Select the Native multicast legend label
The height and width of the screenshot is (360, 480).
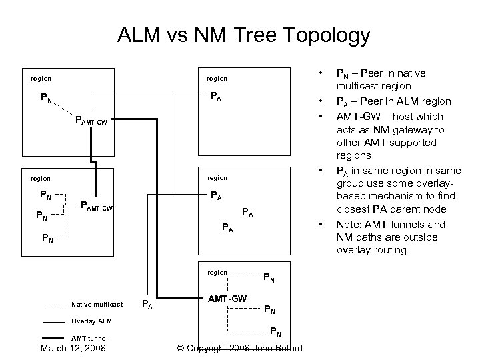[97, 305]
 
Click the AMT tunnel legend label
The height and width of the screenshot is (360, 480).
[89, 337]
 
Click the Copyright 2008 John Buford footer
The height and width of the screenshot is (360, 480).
[240, 348]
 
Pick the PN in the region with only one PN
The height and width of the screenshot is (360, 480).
[46, 98]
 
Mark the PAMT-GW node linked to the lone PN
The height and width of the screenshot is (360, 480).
[92, 122]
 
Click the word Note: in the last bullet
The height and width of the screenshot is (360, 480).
[350, 224]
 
